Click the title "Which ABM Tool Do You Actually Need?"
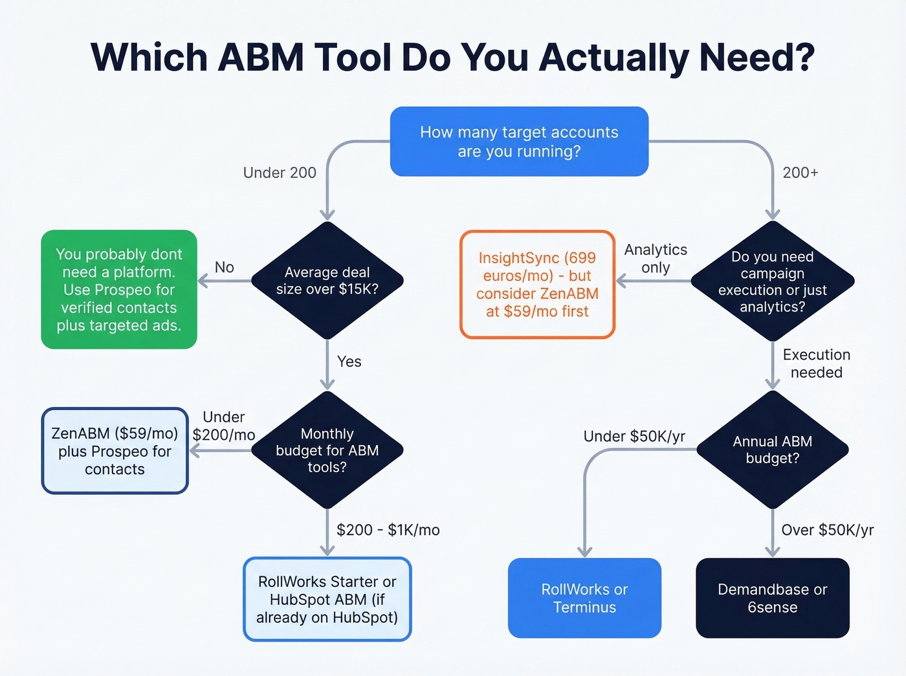coord(452,58)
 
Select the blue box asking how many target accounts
coord(519,142)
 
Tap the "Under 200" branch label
coord(280,173)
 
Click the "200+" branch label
coord(800,173)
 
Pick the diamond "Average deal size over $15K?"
coord(327,281)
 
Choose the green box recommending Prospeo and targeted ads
coord(119,289)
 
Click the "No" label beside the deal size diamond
coord(224,267)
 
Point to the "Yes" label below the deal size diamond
coord(349,362)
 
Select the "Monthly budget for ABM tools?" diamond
coord(327,450)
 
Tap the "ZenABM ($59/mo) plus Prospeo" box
coord(115,451)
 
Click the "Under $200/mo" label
coord(224,426)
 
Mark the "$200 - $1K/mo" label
coord(388,530)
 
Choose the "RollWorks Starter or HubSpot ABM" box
coord(327,599)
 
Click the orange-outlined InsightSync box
coord(537,285)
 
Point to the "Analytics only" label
coord(656,258)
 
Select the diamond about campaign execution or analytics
coord(773,281)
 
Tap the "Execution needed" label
coord(816,364)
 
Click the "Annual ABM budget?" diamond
coord(773,450)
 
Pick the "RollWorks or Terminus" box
coord(584,598)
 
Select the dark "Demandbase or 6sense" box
coord(772,598)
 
